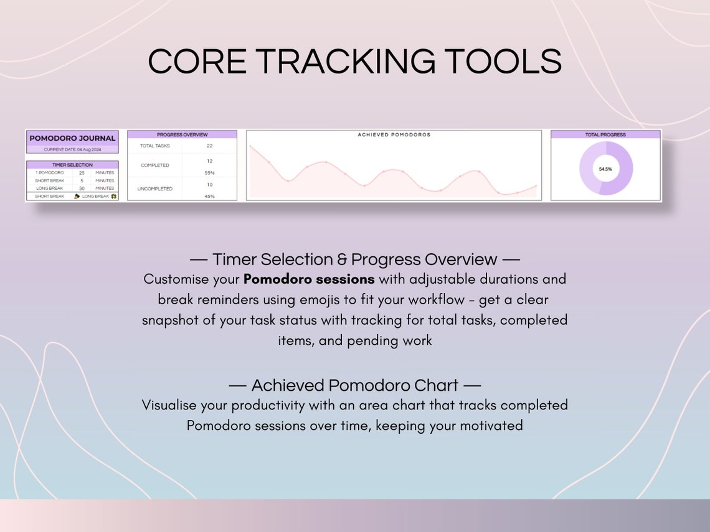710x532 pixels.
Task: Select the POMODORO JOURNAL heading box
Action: [72, 138]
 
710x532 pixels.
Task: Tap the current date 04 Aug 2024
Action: [72, 149]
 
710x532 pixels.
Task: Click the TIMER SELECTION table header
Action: [72, 165]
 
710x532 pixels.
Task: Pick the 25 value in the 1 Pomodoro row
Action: [82, 172]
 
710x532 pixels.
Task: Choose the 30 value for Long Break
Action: [82, 188]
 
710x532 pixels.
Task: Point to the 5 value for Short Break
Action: [82, 180]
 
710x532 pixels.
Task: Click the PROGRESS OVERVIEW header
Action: [182, 134]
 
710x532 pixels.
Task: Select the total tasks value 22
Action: [209, 146]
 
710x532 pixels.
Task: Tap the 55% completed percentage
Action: [209, 173]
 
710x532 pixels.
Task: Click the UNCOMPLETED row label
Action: [156, 189]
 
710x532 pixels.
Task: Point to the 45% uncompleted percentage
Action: [209, 197]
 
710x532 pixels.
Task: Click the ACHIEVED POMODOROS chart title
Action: [394, 134]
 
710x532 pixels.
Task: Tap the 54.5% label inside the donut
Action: [605, 169]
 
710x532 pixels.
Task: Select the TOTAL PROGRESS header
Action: [605, 134]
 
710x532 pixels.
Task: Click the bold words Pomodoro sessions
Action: [309, 279]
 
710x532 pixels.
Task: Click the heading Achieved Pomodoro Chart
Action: [354, 385]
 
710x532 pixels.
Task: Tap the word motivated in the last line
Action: [491, 426]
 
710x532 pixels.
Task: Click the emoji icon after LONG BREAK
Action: [113, 196]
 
